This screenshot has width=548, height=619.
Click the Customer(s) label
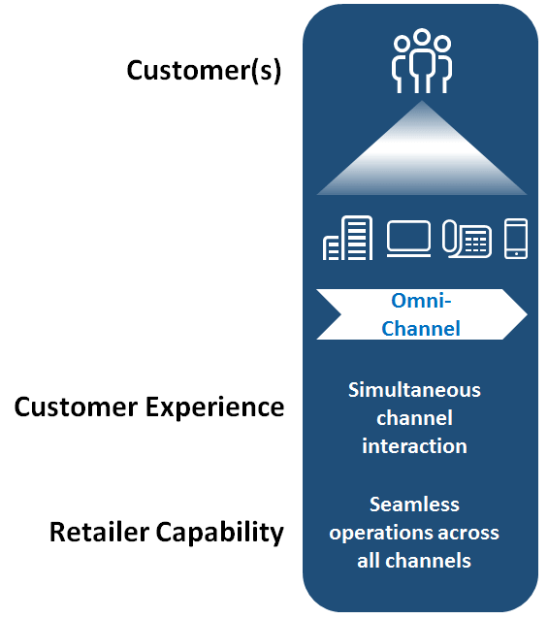coord(204,71)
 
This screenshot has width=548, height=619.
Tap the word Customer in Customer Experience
coord(77,407)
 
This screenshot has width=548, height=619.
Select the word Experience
coord(215,408)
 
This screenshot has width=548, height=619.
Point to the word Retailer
coord(100,532)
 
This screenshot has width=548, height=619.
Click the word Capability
coord(220,533)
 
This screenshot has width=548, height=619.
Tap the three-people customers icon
coord(422,61)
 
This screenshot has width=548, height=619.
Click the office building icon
coord(347,238)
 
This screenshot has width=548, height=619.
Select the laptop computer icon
coord(408,239)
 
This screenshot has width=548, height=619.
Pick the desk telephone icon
coord(467,239)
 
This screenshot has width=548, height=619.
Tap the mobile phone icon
coord(516,239)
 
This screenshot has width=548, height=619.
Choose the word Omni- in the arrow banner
coord(421,301)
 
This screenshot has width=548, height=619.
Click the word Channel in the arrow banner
coord(421,329)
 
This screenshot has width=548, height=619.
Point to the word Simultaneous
coord(414,390)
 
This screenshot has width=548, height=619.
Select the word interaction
coord(414,446)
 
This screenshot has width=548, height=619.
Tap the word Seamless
coord(414,505)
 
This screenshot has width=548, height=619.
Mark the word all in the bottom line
coord(368,561)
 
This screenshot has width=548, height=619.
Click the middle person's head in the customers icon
coord(422,36)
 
